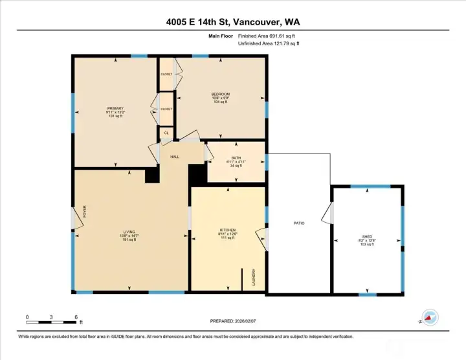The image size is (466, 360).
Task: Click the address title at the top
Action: point(232,22)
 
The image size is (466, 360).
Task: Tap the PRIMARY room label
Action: point(115,108)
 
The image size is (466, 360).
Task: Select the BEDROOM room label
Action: point(220,94)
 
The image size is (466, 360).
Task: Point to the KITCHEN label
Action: point(227,230)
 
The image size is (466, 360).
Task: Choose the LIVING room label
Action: point(130,231)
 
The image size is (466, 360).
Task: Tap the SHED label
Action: point(367,236)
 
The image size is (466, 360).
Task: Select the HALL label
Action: point(175,157)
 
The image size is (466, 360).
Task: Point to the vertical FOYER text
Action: point(84,212)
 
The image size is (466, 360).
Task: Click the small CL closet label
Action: point(166,133)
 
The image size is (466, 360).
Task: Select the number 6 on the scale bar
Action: point(76,317)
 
